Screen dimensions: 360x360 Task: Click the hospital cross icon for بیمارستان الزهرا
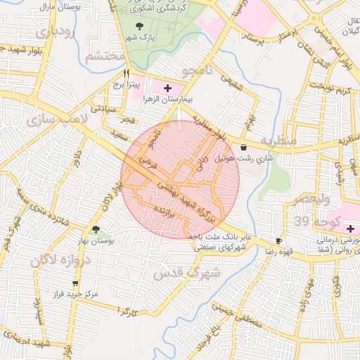(167, 88)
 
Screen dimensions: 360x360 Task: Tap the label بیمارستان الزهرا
(167, 100)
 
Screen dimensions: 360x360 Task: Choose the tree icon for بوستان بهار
(96, 229)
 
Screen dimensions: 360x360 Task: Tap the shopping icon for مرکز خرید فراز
(75, 283)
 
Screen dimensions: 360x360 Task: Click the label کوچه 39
(314, 223)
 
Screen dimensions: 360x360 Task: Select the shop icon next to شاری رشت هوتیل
(243, 148)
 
